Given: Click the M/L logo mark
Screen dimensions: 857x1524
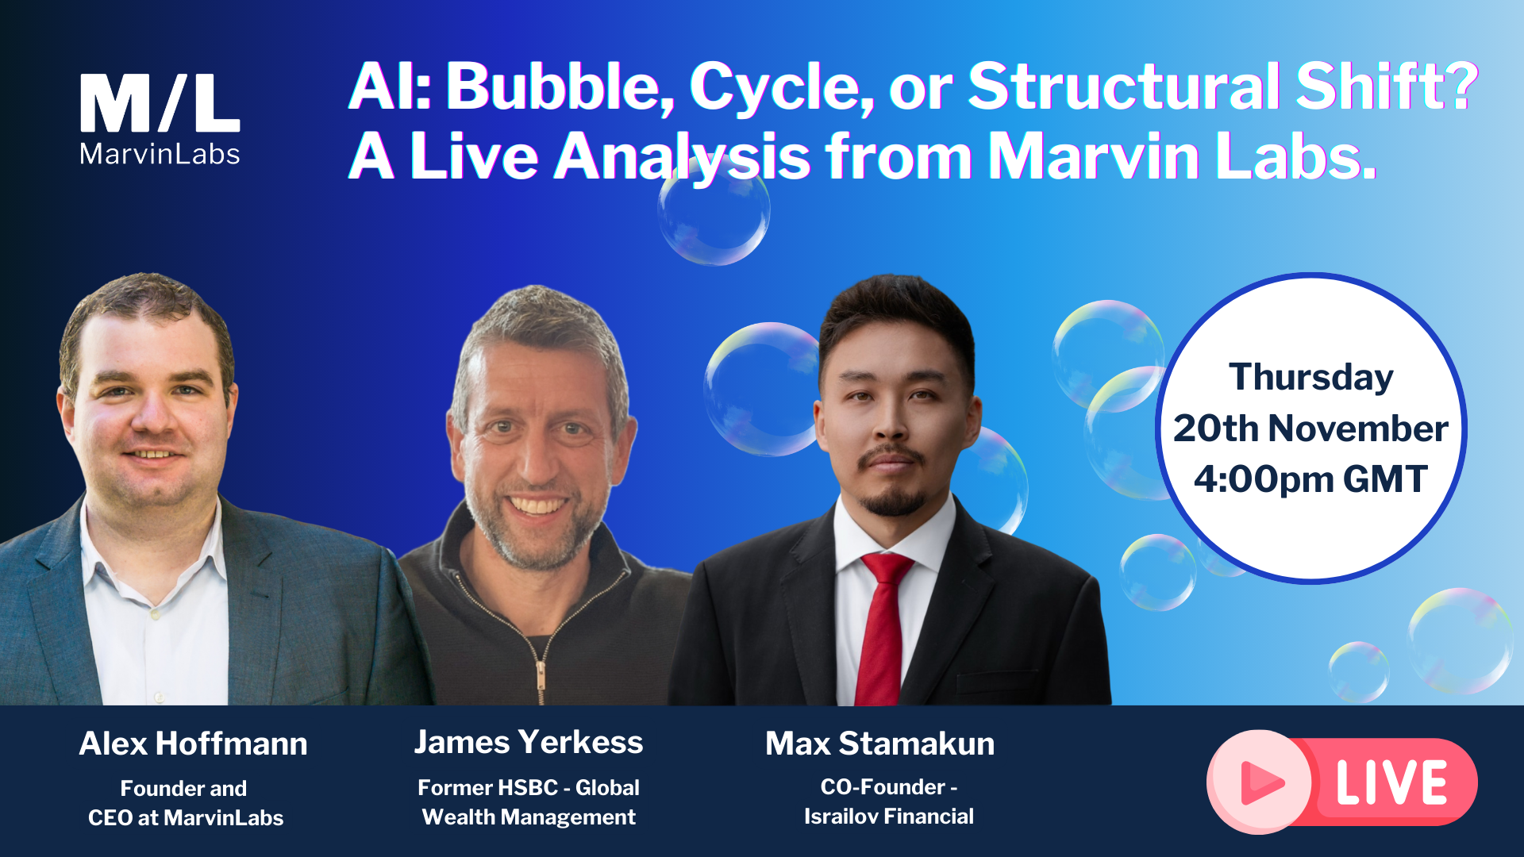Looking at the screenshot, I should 160,103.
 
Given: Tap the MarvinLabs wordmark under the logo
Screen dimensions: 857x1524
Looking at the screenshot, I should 160,154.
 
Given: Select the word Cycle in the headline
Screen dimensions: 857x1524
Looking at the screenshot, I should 781,87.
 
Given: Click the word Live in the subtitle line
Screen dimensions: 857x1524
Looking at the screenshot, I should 474,156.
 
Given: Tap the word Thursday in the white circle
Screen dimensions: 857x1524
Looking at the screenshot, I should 1310,377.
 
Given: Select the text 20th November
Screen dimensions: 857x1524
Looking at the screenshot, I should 1310,428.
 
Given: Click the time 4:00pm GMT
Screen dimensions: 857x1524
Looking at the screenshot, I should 1310,479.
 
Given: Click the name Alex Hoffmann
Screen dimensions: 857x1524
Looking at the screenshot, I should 193,744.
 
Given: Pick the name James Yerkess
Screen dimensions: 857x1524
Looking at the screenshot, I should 529,742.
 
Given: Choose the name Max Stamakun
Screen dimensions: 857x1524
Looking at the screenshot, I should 879,744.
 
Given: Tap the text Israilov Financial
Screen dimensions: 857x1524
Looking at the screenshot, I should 888,816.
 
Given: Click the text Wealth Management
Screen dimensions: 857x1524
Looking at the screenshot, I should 529,817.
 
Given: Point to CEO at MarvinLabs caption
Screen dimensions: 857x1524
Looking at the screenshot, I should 186,817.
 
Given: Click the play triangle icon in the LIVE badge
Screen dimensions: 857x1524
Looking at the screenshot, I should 1261,782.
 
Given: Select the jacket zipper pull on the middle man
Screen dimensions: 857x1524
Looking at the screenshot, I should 541,674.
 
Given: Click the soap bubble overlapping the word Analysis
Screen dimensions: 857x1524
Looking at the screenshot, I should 713,211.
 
